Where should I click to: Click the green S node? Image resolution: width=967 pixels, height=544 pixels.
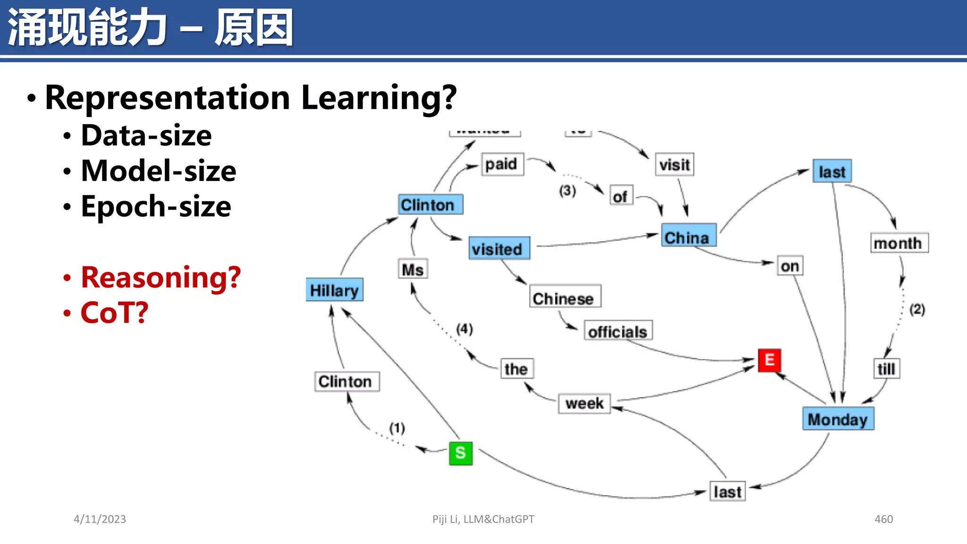460,453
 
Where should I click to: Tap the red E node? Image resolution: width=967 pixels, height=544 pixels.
769,360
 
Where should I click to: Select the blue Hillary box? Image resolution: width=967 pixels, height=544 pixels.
334,290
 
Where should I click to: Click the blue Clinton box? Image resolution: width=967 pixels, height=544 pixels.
430,205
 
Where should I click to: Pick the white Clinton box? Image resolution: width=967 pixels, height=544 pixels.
347,382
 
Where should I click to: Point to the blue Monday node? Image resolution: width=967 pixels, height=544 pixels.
838,419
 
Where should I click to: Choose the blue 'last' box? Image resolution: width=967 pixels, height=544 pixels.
832,171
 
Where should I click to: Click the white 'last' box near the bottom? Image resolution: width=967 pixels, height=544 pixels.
727,492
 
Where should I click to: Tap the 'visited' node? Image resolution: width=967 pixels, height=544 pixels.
499,248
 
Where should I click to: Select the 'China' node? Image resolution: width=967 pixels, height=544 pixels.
688,236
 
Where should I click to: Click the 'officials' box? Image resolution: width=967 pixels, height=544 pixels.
618,331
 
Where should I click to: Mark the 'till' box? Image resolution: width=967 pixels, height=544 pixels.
886,369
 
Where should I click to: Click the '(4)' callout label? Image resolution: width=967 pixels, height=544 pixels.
464,329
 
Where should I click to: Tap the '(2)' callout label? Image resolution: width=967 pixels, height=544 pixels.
917,310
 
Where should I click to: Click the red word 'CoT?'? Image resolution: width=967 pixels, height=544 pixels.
114,313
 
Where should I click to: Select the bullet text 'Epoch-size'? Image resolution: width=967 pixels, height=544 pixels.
156,206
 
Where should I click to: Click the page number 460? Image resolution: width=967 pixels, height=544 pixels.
883,519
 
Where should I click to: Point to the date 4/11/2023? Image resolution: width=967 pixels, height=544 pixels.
100,519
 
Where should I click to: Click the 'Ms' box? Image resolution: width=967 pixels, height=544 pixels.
413,269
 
